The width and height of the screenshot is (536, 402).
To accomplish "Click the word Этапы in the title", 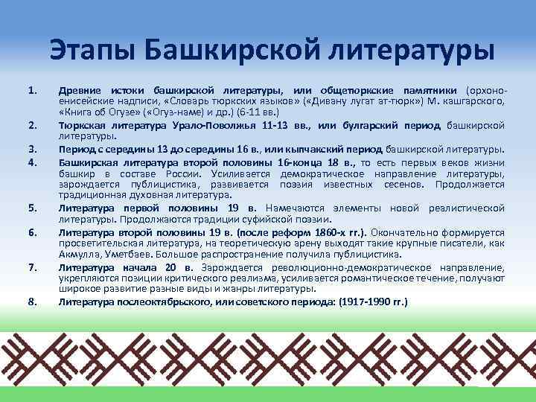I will (x=93, y=49).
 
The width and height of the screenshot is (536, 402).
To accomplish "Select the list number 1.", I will (x=31, y=91).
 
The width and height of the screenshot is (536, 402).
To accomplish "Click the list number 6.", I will (x=31, y=232).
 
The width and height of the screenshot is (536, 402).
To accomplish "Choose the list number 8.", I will (x=31, y=301).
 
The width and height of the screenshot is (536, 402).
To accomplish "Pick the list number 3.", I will (x=31, y=147).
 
